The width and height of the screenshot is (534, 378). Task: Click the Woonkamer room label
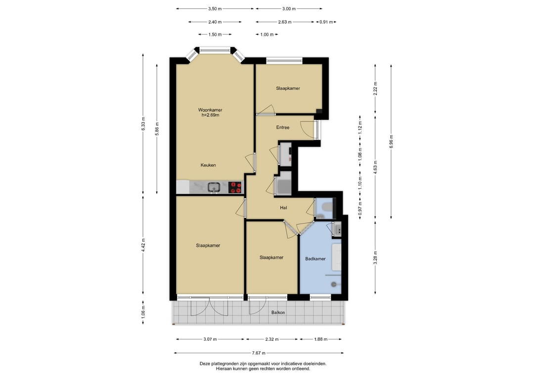pyautogui.click(x=210, y=110)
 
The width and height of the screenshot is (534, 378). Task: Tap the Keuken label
pyautogui.click(x=208, y=165)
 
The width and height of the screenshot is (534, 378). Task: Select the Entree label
pyautogui.click(x=283, y=128)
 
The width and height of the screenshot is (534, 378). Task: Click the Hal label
pyautogui.click(x=283, y=208)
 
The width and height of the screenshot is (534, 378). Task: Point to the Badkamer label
pyautogui.click(x=315, y=259)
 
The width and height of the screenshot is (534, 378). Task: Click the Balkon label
pyautogui.click(x=278, y=313)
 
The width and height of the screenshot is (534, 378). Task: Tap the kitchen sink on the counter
pyautogui.click(x=214, y=187)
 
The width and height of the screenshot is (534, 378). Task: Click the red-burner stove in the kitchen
pyautogui.click(x=235, y=187)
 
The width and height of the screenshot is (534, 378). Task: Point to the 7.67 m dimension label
pyautogui.click(x=259, y=353)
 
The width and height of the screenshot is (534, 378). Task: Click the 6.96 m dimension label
pyautogui.click(x=391, y=142)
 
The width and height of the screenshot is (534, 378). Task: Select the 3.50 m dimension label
pyautogui.click(x=215, y=9)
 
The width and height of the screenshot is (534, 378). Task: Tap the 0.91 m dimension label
pyautogui.click(x=326, y=22)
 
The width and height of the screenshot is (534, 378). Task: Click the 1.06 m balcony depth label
pyautogui.click(x=143, y=312)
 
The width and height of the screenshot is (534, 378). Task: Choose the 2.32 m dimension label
pyautogui.click(x=272, y=339)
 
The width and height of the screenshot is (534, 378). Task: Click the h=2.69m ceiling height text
pyautogui.click(x=210, y=115)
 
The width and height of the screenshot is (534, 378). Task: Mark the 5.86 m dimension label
pyautogui.click(x=157, y=129)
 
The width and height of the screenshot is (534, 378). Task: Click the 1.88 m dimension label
pyautogui.click(x=320, y=339)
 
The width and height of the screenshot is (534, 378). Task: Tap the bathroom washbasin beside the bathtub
pyautogui.click(x=337, y=229)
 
